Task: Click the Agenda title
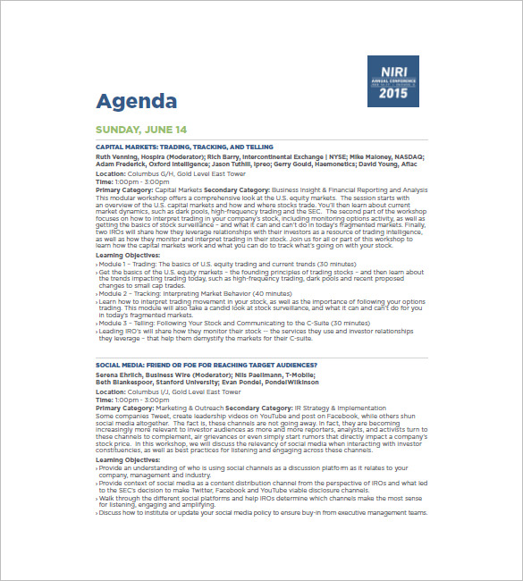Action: [137, 101]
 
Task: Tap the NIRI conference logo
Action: [392, 80]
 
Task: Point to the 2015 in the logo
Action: [392, 92]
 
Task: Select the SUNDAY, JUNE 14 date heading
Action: [141, 130]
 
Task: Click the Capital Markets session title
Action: [184, 147]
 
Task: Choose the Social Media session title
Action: [207, 366]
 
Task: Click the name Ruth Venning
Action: [118, 156]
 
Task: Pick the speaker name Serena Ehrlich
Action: [121, 375]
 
